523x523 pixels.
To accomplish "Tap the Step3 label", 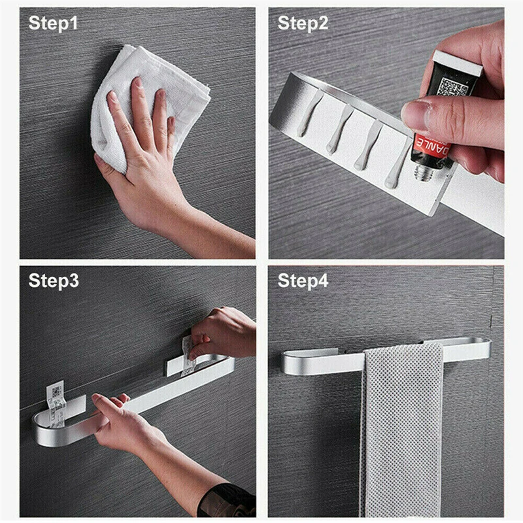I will pos(54,281).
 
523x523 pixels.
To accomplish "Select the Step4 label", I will pos(303,281).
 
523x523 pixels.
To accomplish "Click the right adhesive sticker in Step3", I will pos(188,353).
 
